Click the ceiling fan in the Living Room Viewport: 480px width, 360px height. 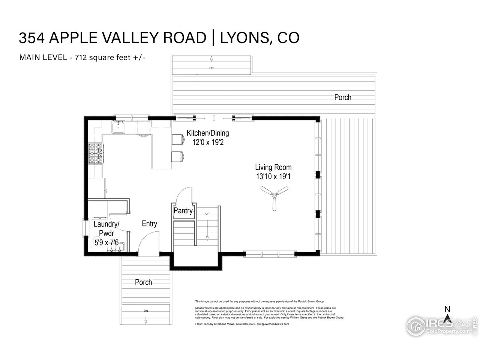click(x=274, y=195)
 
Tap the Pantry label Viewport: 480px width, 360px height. click(x=183, y=211)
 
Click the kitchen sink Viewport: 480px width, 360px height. click(x=118, y=127)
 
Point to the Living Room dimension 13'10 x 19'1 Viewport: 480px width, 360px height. click(x=273, y=177)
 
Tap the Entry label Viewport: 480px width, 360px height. click(x=149, y=224)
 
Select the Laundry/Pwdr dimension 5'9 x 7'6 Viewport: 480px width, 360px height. click(x=106, y=243)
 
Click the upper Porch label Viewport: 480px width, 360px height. click(x=343, y=97)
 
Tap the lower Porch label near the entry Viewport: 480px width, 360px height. click(x=143, y=282)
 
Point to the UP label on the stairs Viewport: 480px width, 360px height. click(x=207, y=214)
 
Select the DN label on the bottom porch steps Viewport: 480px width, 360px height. click(x=145, y=311)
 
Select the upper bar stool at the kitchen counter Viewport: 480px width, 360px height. click(x=178, y=139)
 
